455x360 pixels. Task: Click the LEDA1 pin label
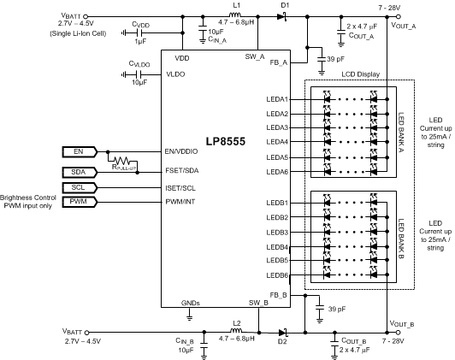click(280, 99)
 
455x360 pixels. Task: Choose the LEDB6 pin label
click(280, 275)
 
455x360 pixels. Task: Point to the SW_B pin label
click(258, 303)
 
